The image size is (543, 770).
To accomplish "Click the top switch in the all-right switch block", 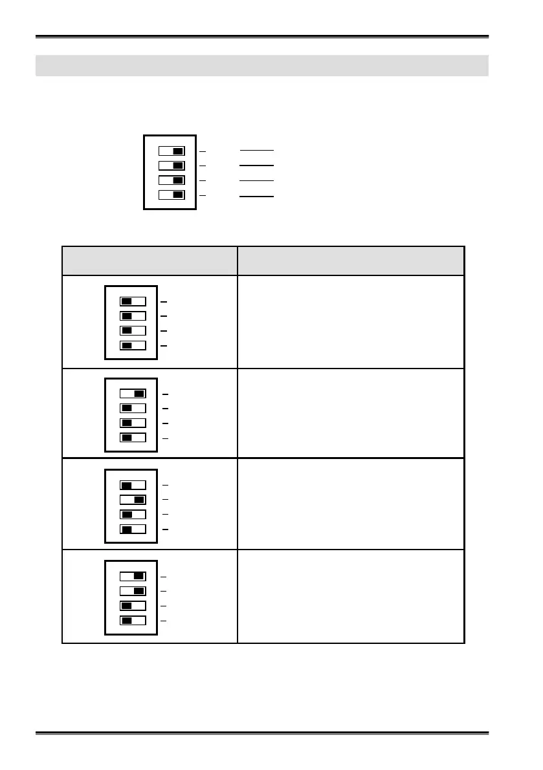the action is tap(172, 151).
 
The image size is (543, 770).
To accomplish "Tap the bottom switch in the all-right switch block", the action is tap(172, 195).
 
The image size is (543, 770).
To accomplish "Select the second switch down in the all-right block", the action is tap(172, 166).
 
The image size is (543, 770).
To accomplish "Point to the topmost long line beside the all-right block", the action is tap(257, 150).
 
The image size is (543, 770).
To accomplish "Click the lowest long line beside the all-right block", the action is tap(257, 195).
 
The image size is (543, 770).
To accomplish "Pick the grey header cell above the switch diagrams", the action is tap(150, 261).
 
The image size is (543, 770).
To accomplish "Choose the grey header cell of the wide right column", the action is tap(351, 261).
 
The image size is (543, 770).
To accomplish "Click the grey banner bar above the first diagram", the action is tap(261, 65).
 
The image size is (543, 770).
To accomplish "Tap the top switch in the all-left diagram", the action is tap(133, 301).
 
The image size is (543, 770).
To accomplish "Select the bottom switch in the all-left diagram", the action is tap(133, 345).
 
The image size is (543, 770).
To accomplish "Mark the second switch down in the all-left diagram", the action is tap(133, 316).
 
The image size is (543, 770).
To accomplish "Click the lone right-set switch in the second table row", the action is tap(133, 393).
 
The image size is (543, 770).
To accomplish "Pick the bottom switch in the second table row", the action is tap(133, 437).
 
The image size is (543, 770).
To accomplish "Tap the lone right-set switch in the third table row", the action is tap(133, 500).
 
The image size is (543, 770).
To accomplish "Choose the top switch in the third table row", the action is tap(133, 485).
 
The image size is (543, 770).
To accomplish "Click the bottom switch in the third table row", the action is tap(133, 529).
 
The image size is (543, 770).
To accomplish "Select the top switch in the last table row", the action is tap(133, 576).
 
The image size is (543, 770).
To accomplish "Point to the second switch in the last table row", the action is tap(133, 591).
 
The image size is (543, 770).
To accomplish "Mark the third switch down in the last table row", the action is tap(133, 606).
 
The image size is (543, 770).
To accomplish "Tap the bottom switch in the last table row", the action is tap(133, 621).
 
